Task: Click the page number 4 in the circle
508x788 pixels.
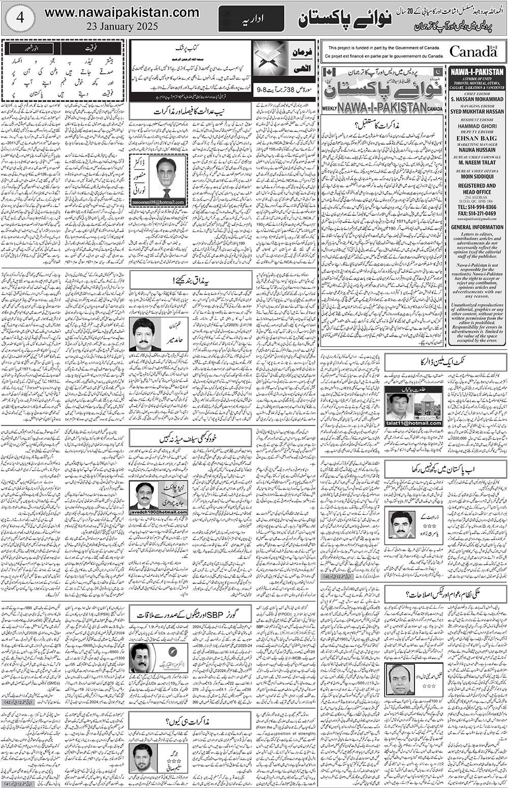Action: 20,16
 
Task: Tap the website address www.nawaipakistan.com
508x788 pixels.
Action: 122,12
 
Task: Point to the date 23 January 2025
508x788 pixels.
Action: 122,25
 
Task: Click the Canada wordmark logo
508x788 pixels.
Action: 473,51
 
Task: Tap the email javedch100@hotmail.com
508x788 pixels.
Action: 158,512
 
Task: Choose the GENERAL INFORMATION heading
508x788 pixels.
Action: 477,227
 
